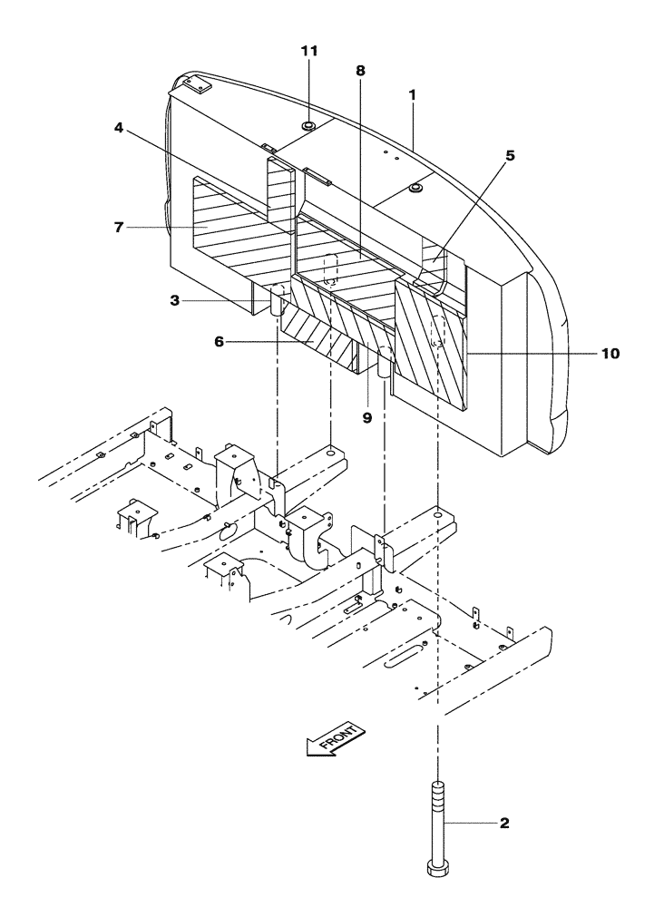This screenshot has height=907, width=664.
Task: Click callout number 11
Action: [309, 51]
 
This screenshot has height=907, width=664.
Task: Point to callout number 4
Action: [119, 128]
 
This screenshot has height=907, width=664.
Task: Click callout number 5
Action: [510, 155]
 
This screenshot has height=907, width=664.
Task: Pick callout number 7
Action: [119, 227]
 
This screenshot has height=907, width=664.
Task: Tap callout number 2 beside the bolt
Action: [504, 824]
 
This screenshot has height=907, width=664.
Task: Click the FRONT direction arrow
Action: [335, 739]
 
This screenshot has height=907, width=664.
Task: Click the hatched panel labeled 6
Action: [322, 331]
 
